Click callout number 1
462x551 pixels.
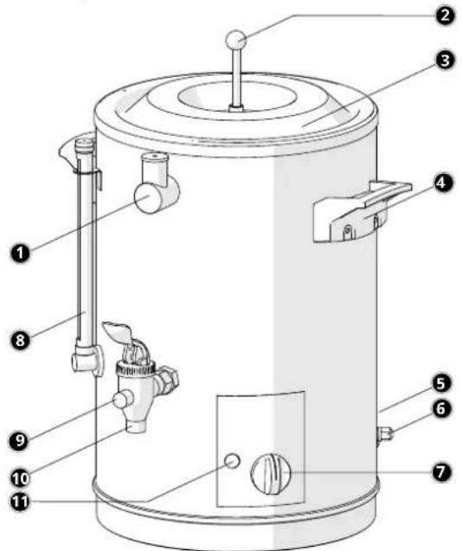tap(20, 253)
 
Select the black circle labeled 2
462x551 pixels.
tap(445, 15)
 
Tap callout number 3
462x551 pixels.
tap(445, 60)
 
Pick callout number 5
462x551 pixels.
tap(440, 383)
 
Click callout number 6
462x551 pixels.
tap(440, 408)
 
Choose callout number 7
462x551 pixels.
tap(440, 472)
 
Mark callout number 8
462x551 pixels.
tap(20, 340)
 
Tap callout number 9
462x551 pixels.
tap(20, 439)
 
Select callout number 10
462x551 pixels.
tap(20, 477)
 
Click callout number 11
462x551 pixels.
tap(20, 502)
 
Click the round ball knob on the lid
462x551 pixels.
tap(235, 40)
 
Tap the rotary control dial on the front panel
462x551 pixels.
tap(271, 474)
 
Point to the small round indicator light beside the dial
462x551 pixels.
tap(232, 460)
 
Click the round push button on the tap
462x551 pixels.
tap(121, 400)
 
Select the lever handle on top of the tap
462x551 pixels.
tap(118, 330)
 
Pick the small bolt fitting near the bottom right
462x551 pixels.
tap(385, 435)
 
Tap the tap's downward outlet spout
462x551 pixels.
tap(136, 426)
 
